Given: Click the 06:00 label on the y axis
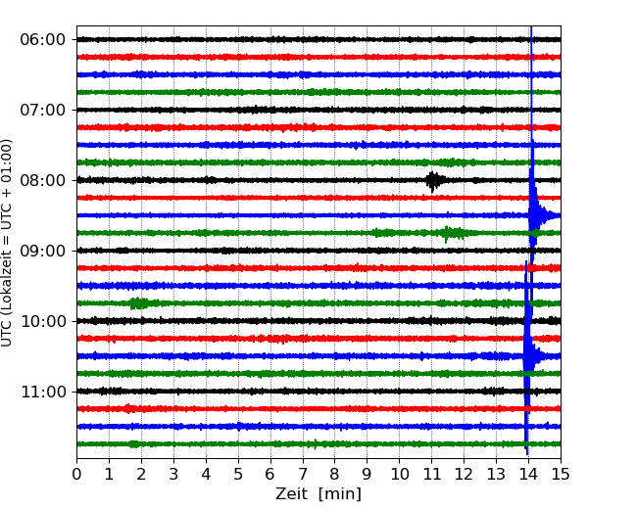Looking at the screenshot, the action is [x=43, y=40].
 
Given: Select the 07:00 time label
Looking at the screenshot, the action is [x=43, y=110].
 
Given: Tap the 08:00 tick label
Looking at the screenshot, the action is [x=43, y=180].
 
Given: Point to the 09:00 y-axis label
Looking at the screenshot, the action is [x=43, y=251].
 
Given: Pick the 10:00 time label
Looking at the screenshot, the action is [x=43, y=321].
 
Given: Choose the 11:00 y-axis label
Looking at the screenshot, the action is [x=43, y=392].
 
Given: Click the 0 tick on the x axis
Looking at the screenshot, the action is [x=76, y=474].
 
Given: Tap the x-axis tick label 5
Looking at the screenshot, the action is [x=238, y=474].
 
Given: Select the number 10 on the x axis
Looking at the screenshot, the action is [x=399, y=474].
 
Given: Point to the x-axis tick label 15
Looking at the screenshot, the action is [x=561, y=474].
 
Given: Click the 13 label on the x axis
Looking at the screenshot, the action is [x=496, y=474].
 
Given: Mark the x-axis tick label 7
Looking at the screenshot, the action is [x=303, y=474].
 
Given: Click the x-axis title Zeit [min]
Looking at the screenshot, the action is [x=318, y=494].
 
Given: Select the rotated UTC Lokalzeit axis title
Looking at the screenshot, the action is [x=6, y=243].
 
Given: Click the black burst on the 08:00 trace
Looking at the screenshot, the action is [x=433, y=181].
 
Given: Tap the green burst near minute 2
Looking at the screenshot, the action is [x=139, y=303].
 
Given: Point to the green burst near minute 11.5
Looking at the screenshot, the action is [x=451, y=233].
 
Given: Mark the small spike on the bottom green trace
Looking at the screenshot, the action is [x=316, y=444].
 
